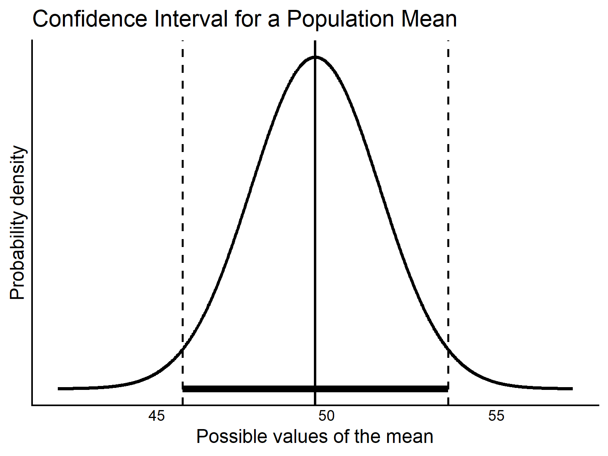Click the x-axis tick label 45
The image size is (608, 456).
[156, 416]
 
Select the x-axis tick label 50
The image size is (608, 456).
[326, 416]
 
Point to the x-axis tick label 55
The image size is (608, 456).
[496, 416]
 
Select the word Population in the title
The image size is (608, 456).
[340, 19]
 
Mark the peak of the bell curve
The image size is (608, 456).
[315, 57]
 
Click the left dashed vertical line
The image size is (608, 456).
[182, 198]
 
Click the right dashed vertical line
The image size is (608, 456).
[448, 198]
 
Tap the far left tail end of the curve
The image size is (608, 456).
[59, 389]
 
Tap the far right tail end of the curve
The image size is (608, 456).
[571, 389]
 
